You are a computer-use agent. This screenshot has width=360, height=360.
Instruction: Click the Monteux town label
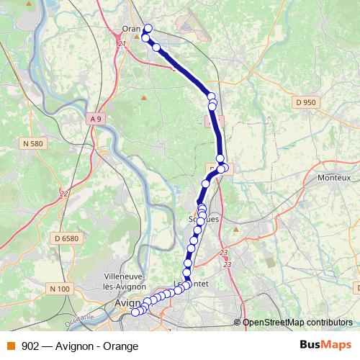tap(334, 177)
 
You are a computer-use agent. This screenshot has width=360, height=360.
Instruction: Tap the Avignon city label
tap(127, 304)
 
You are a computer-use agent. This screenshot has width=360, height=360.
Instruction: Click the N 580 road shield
tap(33, 144)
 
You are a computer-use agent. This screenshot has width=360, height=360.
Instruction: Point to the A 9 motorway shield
tap(96, 118)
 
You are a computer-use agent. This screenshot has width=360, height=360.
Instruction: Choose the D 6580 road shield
tap(66, 238)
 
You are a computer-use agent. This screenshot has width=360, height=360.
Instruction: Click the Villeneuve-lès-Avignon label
tap(126, 281)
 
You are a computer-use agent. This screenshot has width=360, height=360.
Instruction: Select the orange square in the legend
tap(11, 346)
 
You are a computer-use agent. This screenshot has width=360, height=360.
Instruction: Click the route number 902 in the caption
tap(31, 346)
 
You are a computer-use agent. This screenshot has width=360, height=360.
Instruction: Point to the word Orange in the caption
tap(120, 346)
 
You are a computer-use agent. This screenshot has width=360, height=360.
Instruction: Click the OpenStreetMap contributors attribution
tap(297, 323)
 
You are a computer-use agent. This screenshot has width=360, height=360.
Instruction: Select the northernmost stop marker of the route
tap(148, 29)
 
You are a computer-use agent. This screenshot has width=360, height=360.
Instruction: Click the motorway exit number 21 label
tap(121, 45)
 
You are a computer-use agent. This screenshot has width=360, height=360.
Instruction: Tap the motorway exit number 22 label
tap(64, 193)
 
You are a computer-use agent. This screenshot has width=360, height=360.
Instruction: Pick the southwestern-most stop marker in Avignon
tap(135, 312)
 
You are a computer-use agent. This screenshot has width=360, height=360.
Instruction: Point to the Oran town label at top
tap(131, 30)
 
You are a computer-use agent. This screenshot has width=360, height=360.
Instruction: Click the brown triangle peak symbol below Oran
tap(144, 97)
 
